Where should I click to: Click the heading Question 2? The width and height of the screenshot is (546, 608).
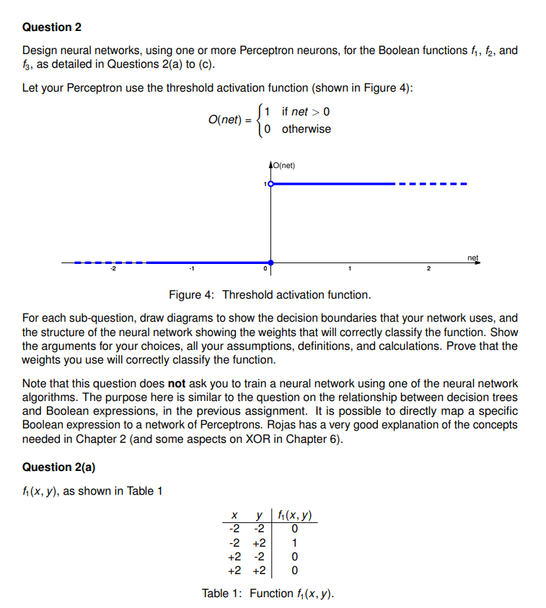point(52,27)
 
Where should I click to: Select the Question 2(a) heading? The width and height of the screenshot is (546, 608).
point(58,467)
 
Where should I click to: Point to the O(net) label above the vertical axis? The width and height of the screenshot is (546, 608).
point(283,166)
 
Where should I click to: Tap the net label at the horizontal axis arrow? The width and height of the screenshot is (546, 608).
point(472,257)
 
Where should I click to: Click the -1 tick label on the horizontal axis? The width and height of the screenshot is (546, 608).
point(191,270)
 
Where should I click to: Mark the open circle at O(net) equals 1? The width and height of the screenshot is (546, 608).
point(270,184)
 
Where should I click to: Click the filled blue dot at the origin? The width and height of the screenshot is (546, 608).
point(270,263)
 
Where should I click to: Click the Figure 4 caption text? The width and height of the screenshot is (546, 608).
point(270,294)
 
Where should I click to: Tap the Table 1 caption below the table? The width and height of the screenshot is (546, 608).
point(268,594)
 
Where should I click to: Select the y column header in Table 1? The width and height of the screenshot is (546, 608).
point(257,516)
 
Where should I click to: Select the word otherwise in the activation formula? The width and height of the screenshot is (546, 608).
point(307,129)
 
